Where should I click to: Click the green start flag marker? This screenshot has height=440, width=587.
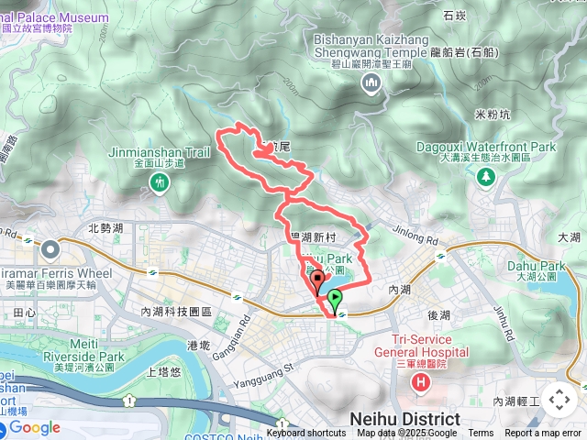tap(336, 299)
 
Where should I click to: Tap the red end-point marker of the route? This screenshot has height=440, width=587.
tap(318, 281)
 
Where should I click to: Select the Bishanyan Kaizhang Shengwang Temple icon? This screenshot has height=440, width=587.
tap(371, 84)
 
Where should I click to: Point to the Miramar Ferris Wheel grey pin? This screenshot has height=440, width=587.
tap(48, 249)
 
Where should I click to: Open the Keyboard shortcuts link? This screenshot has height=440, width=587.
tap(306, 434)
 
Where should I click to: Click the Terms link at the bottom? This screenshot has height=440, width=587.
tap(481, 434)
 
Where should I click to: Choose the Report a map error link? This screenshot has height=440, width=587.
tap(543, 434)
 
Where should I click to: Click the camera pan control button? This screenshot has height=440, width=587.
tap(559, 400)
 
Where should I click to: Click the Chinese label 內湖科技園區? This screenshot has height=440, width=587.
tap(175, 312)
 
